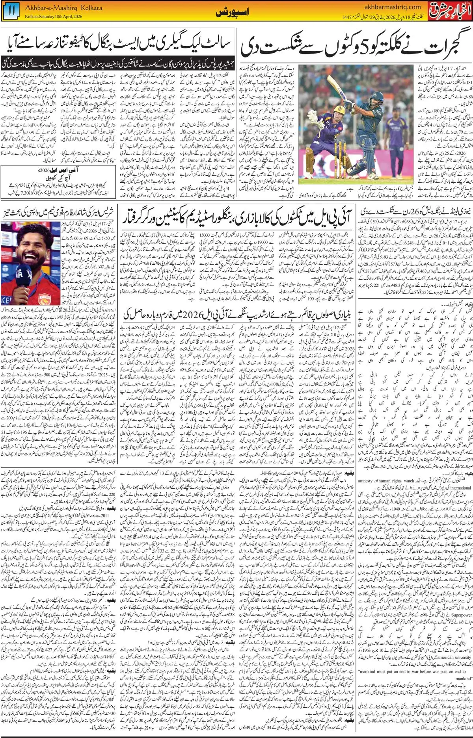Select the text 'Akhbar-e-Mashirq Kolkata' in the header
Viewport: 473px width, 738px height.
click(69, 7)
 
